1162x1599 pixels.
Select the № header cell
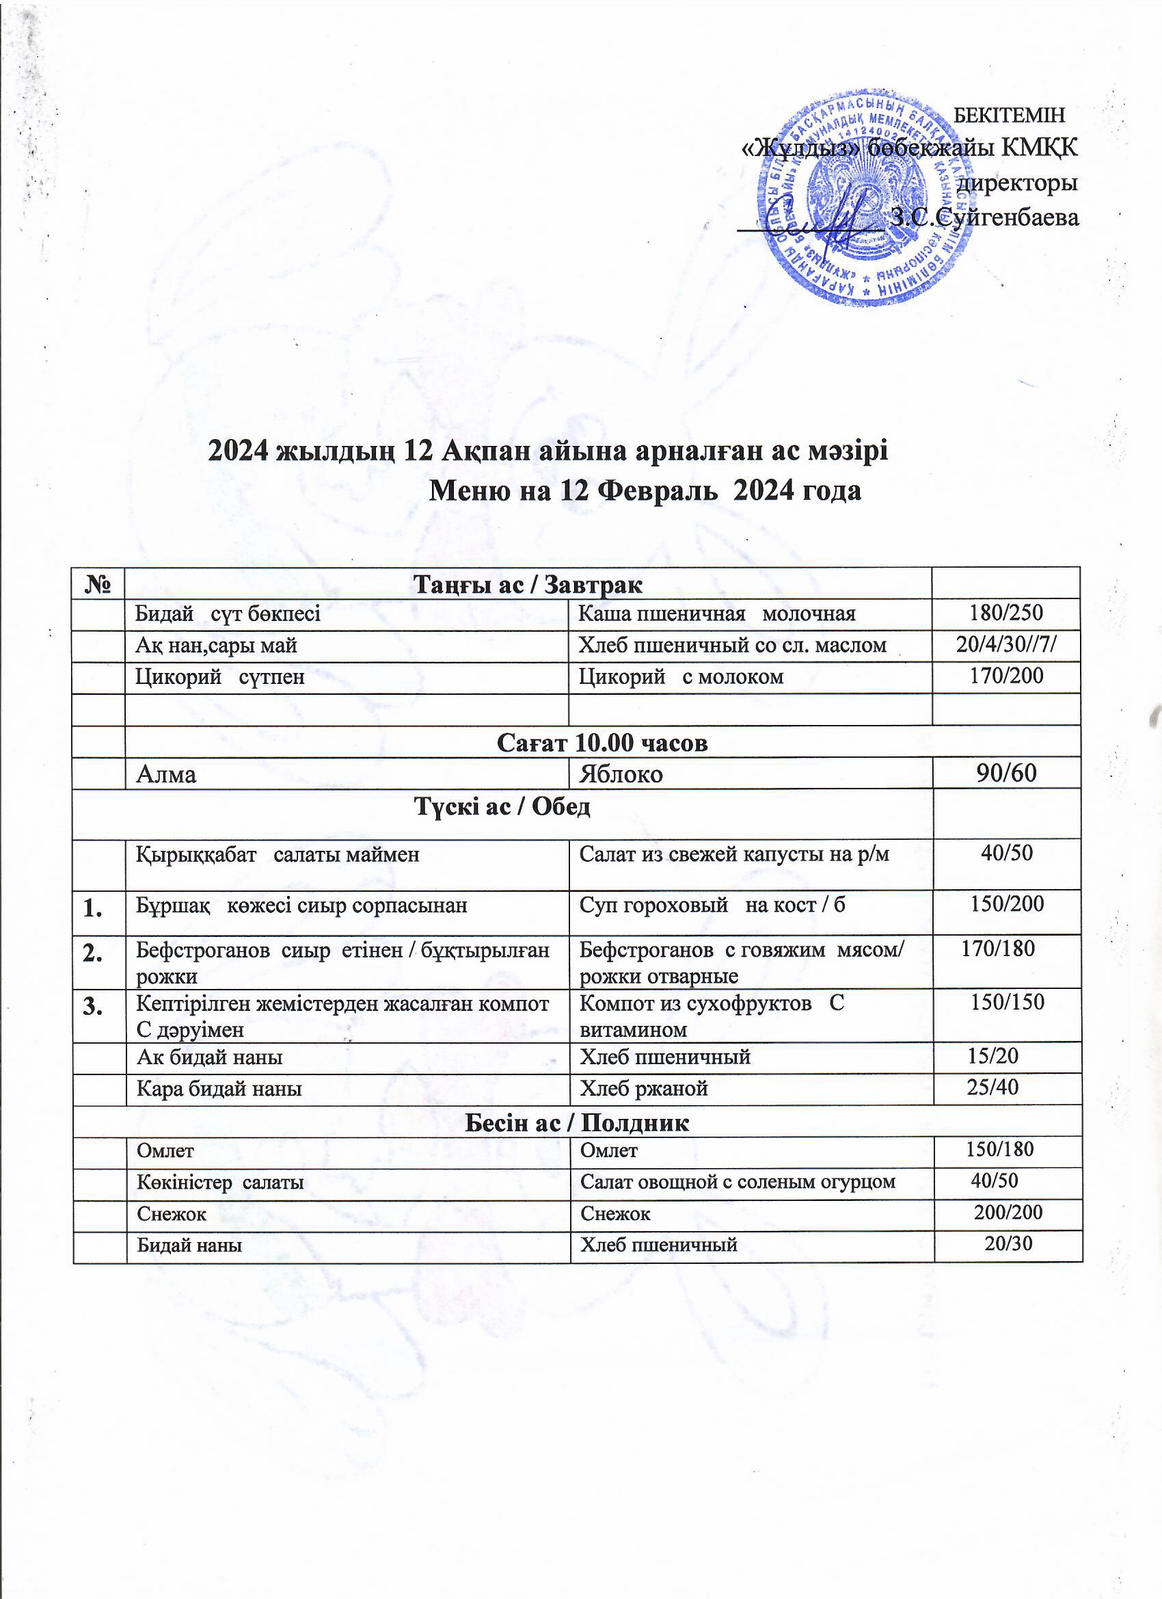click(x=98, y=584)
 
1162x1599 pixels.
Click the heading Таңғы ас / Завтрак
click(x=528, y=585)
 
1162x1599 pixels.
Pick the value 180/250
click(x=1006, y=613)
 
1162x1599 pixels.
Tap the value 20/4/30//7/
click(x=1006, y=644)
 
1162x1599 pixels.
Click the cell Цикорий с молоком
click(x=681, y=678)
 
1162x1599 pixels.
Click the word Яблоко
click(x=621, y=774)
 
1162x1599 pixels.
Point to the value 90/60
click(x=1006, y=774)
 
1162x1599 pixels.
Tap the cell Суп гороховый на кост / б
click(x=712, y=906)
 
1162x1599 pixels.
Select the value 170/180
click(x=999, y=949)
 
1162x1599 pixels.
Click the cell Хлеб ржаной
click(x=643, y=1089)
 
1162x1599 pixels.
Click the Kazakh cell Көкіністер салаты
click(x=220, y=1182)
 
